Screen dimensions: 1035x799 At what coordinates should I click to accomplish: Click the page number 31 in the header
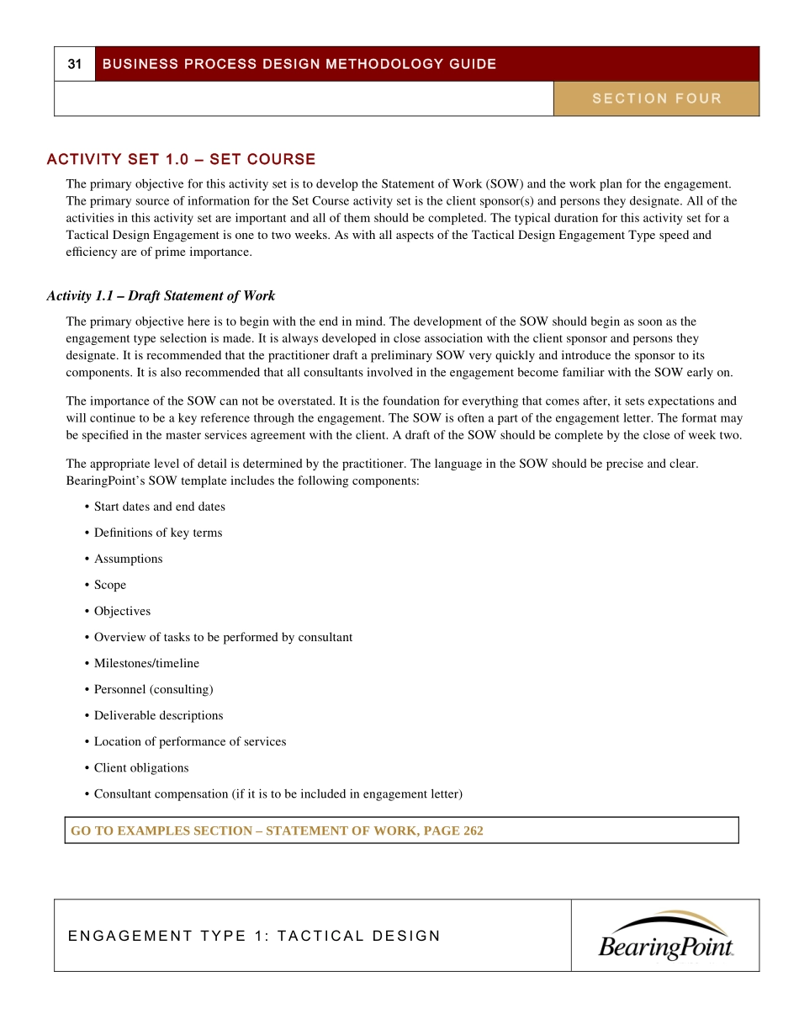coord(75,64)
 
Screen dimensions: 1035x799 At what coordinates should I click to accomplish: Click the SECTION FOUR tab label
coord(657,98)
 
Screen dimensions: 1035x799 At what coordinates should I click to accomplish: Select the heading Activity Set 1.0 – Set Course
coord(182,159)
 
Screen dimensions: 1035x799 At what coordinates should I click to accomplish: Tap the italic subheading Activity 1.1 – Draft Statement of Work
coord(161,295)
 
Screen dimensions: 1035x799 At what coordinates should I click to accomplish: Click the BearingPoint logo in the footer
coord(665,936)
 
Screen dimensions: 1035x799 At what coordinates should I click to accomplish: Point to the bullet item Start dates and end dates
coord(159,507)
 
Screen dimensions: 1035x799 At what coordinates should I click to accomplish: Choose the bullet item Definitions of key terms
coord(158,533)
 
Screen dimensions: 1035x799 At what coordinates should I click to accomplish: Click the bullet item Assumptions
coord(128,559)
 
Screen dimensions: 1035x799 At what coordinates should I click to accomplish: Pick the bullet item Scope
coord(110,585)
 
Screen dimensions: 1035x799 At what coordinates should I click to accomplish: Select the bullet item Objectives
coord(122,611)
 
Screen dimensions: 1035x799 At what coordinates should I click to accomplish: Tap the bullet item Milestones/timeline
coord(146,663)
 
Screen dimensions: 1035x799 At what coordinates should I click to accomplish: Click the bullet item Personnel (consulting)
coord(153,689)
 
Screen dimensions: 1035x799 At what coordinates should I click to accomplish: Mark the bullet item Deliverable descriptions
coord(158,715)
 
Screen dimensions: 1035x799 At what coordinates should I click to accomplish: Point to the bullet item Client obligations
coord(141,767)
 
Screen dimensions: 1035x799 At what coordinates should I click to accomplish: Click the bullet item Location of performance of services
coord(190,741)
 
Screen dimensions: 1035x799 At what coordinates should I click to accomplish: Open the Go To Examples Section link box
coord(401,831)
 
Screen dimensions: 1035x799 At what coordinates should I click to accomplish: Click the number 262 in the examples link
coord(473,831)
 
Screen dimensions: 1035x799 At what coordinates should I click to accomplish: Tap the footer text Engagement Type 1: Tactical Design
coord(254,936)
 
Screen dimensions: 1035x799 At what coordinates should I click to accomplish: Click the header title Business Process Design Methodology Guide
coord(299,64)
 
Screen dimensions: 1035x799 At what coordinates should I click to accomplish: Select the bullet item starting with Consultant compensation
coord(278,793)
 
